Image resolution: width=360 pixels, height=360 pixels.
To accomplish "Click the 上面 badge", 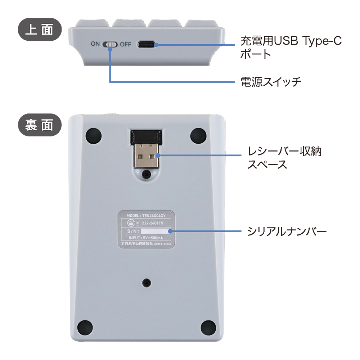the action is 40,30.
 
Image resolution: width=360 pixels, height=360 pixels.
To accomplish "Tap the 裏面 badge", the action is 40,125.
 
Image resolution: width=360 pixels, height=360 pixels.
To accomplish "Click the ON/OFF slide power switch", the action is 110,44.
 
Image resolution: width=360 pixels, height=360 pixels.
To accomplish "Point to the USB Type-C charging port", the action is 146,44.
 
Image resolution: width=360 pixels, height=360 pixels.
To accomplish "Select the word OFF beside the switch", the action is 126,44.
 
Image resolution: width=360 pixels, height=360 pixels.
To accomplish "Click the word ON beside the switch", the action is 95,44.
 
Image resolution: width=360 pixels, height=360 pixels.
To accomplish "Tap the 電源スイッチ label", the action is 271,82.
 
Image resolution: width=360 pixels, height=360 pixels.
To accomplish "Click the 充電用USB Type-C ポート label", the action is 291,47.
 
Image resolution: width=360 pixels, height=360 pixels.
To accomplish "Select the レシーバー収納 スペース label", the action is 284,158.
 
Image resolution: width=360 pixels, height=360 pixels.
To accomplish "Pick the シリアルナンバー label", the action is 287,231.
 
